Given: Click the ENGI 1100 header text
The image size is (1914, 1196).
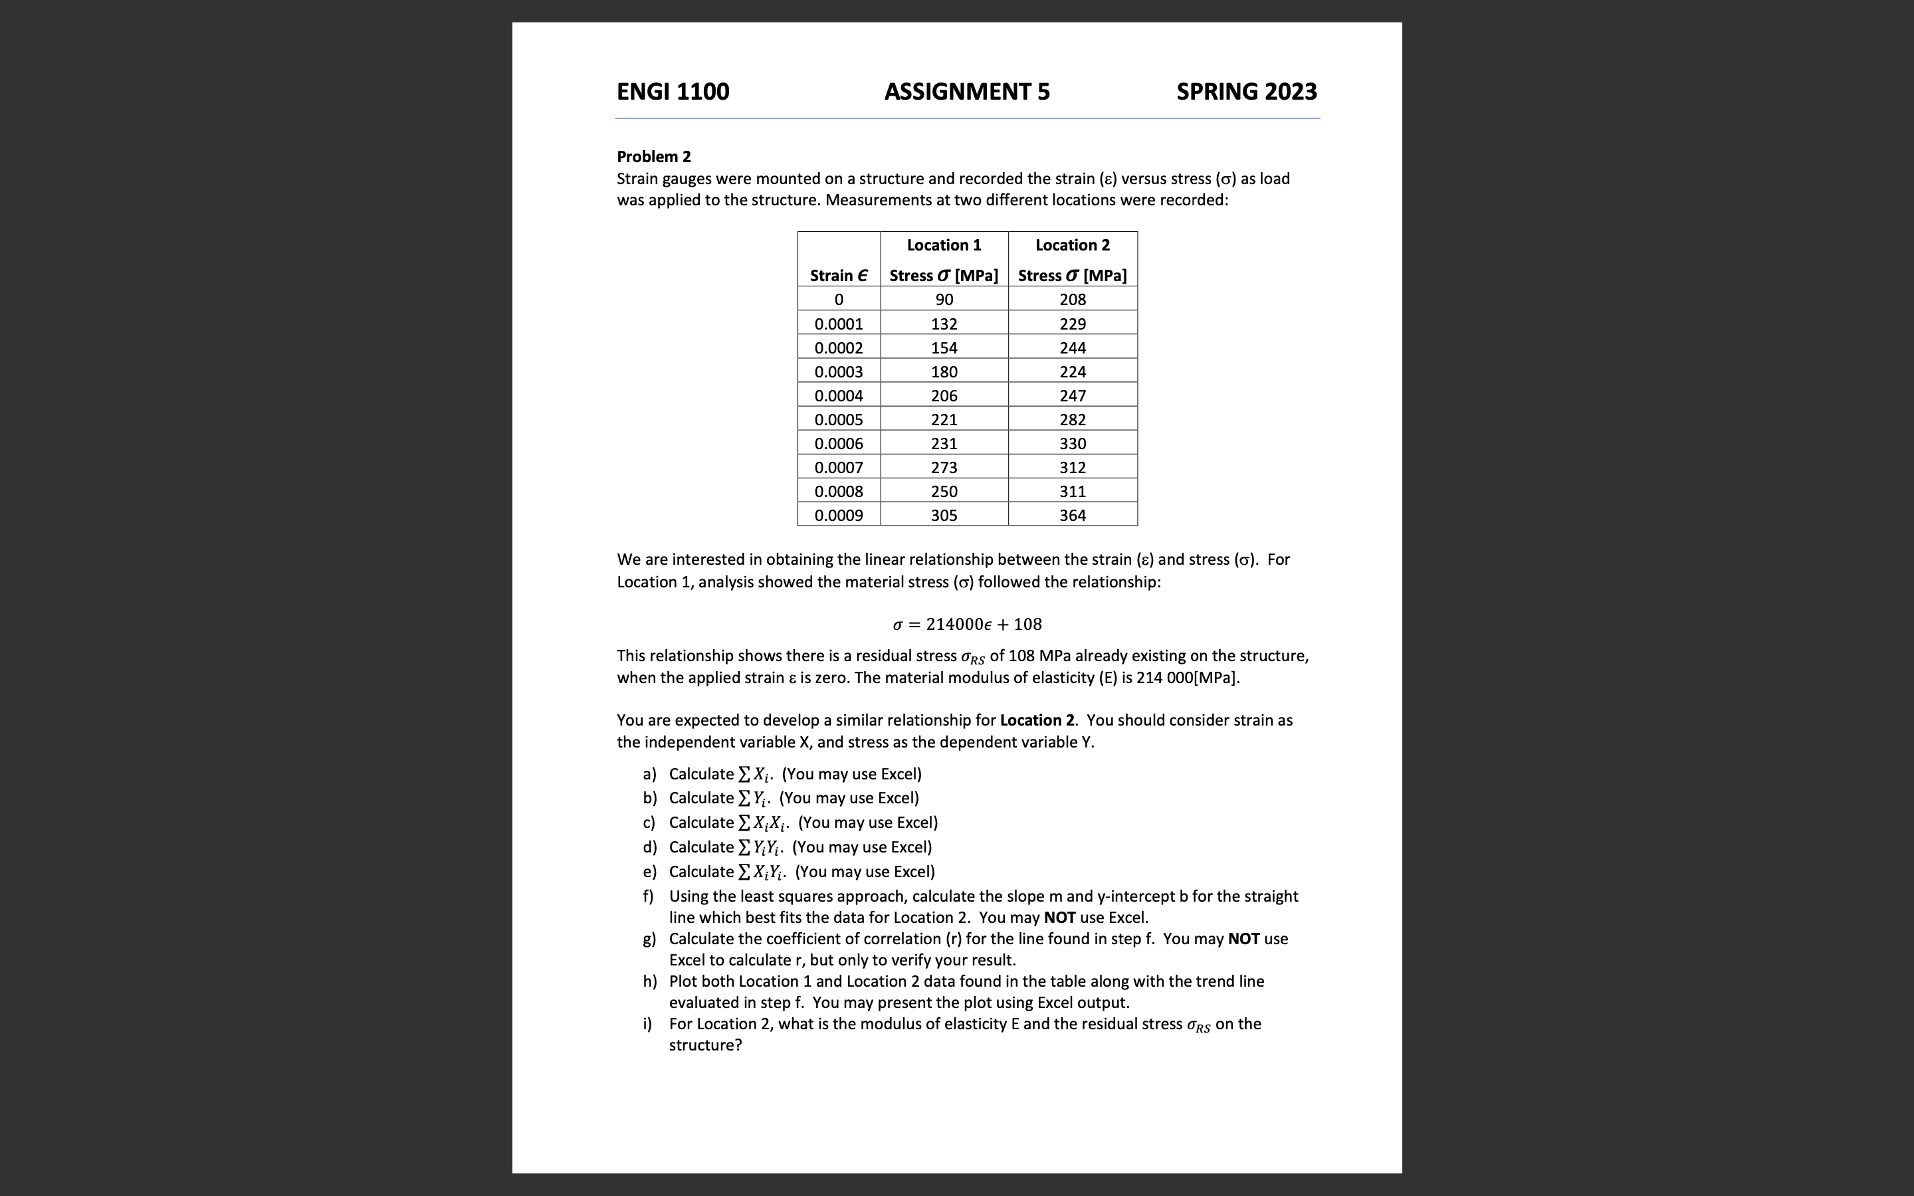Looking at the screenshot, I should (x=673, y=92).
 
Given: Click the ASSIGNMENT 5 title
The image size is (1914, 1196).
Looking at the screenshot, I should (x=966, y=92).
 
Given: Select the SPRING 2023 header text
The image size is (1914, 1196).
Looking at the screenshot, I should (x=1247, y=92).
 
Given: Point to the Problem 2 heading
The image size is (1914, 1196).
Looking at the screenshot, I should (x=653, y=157).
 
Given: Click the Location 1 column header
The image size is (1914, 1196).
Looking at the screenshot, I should (x=944, y=245).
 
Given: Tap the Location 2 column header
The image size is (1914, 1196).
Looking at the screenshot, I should (x=1073, y=245).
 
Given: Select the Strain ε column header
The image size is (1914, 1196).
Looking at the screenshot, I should (x=838, y=275).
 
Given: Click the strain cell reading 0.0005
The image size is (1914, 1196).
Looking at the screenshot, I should (x=838, y=420).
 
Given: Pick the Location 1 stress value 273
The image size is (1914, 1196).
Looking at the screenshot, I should (x=944, y=468).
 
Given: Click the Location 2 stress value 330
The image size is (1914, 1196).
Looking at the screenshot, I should (x=1073, y=444).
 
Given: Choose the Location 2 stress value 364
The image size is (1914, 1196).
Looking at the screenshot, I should (x=1073, y=516).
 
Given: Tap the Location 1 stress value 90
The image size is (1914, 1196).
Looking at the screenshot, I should (x=944, y=300).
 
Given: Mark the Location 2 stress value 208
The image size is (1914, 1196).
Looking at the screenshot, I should (x=1073, y=300).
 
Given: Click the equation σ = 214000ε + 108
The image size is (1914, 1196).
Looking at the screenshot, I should (x=966, y=624).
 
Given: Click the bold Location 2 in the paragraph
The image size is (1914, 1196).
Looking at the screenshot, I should (x=1037, y=721).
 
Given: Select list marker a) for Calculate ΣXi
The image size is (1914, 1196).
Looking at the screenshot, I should (x=649, y=774).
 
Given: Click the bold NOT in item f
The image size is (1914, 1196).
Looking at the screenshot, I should (x=1059, y=918).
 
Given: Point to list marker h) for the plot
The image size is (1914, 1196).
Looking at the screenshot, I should (x=649, y=981).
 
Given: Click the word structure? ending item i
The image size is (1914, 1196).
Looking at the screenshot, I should (x=704, y=1046).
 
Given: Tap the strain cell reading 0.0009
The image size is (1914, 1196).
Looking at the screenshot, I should (x=838, y=516).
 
